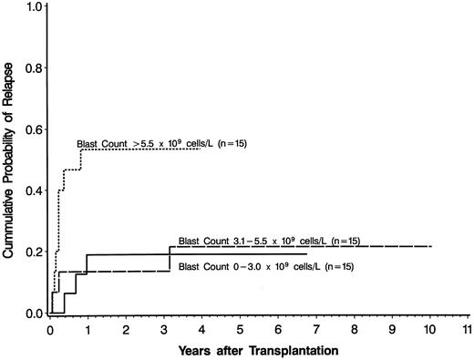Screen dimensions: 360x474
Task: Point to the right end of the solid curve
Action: pos(306,253)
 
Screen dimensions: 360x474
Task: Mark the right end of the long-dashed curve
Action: pos(431,246)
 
